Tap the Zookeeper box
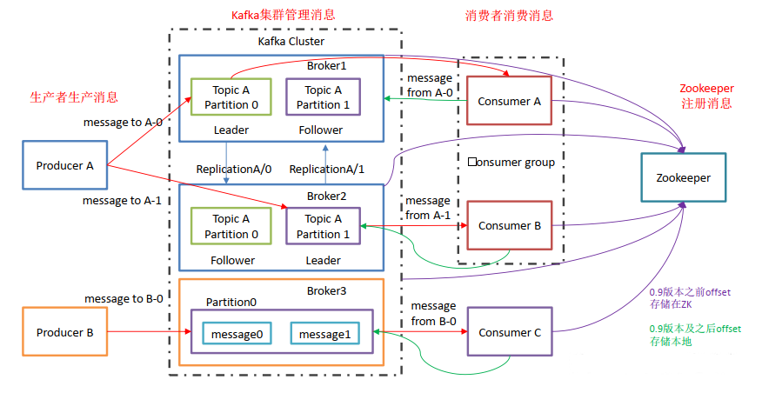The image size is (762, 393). pyautogui.click(x=683, y=177)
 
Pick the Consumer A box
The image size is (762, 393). pyautogui.click(x=509, y=101)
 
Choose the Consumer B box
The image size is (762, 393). pyautogui.click(x=509, y=226)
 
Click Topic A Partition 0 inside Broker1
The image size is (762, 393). pyautogui.click(x=231, y=97)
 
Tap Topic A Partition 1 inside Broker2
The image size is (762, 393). pyautogui.click(x=323, y=226)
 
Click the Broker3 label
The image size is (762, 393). pyautogui.click(x=326, y=290)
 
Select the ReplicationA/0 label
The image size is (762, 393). pyautogui.click(x=233, y=170)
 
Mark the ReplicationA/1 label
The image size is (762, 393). pyautogui.click(x=328, y=170)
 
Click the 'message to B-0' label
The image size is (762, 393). pyautogui.click(x=124, y=299)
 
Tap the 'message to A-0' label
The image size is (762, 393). pyautogui.click(x=123, y=123)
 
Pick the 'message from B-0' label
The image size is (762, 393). pyautogui.click(x=432, y=313)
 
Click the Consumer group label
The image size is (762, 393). pyautogui.click(x=511, y=163)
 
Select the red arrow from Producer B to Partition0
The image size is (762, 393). pyautogui.click(x=148, y=332)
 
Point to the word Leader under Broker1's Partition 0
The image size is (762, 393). pyautogui.click(x=231, y=130)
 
